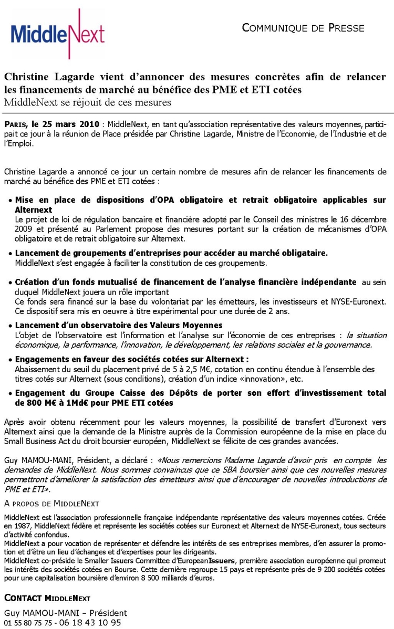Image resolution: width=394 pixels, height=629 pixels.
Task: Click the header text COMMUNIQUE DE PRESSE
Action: (x=303, y=28)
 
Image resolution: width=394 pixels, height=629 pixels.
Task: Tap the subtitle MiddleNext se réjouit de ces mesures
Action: (x=88, y=102)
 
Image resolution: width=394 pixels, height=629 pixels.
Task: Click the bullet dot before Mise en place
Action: (x=10, y=201)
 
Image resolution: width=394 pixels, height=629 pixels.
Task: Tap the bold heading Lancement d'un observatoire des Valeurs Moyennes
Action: (x=119, y=326)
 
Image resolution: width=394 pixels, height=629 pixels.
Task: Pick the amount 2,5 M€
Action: (x=182, y=369)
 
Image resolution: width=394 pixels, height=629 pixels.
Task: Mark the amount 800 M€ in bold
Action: (x=32, y=403)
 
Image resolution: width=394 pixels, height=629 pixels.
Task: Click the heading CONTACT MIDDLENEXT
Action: (x=47, y=598)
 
